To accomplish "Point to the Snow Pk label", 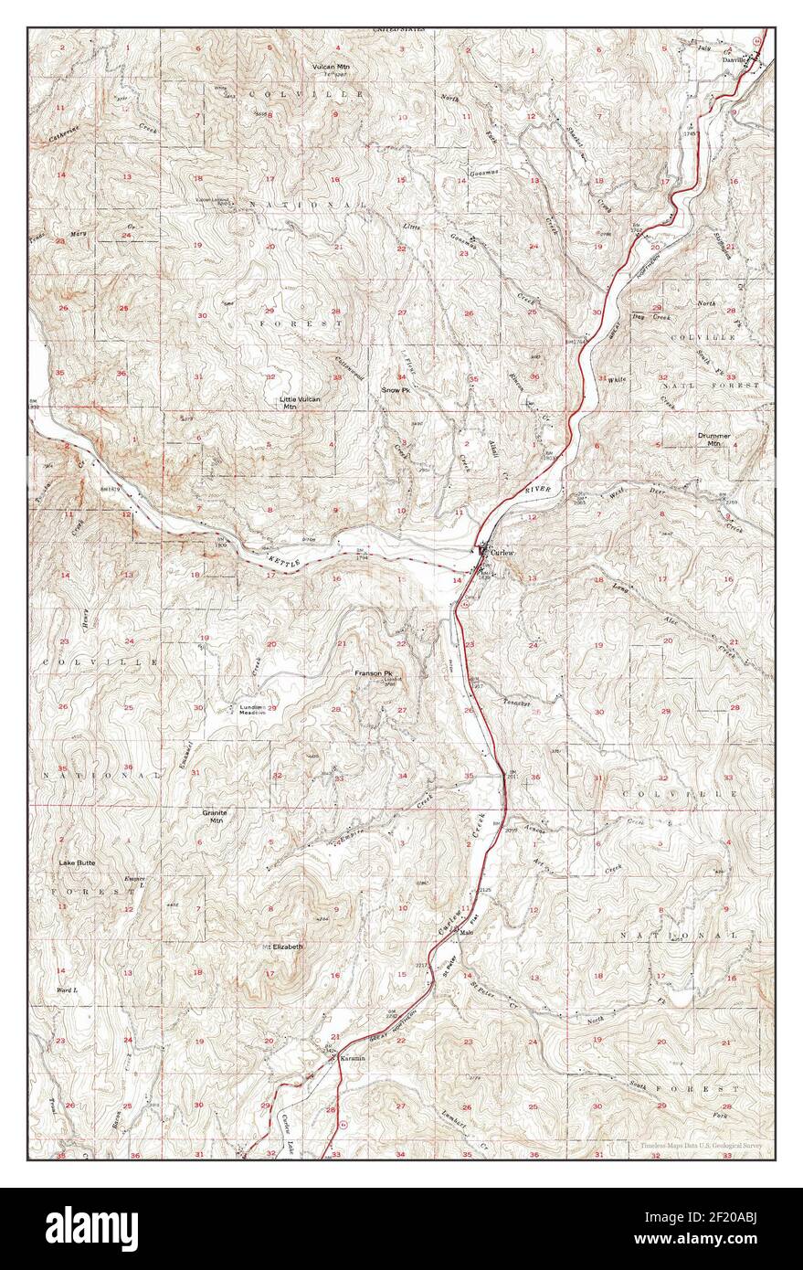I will click(x=396, y=390).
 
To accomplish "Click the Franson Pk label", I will click(x=374, y=673).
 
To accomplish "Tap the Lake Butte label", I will click(x=77, y=862).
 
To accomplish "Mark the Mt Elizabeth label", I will click(x=282, y=947).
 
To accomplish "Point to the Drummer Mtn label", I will click(x=713, y=439).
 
